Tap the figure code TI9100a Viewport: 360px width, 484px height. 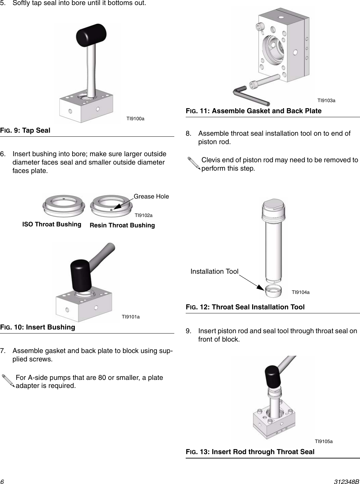135,119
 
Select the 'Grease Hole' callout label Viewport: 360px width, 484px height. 151,196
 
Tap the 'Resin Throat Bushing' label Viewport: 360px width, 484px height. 122,225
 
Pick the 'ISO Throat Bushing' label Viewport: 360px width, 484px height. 52,224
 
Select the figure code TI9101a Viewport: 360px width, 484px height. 131,317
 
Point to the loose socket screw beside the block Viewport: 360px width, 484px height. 264,82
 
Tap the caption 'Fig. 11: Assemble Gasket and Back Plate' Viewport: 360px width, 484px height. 254,111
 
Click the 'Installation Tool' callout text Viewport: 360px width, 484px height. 214,271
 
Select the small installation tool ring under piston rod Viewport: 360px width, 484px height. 273,291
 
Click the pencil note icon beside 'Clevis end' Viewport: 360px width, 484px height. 193,165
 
